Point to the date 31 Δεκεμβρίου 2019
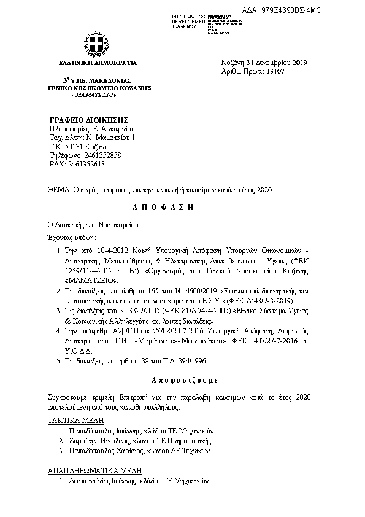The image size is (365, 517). (x=277, y=63)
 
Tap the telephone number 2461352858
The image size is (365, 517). (x=100, y=155)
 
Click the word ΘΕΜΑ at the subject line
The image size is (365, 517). (x=58, y=190)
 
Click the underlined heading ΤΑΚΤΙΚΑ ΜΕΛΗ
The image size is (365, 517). (x=76, y=421)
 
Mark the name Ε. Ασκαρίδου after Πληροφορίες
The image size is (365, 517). (x=113, y=128)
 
